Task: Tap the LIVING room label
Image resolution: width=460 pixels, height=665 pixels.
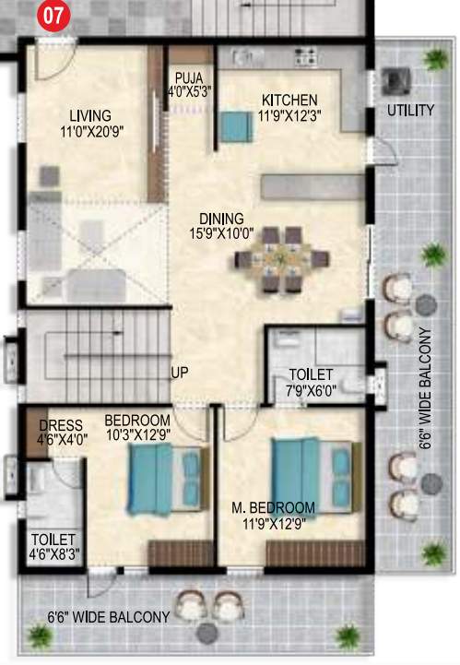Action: pyautogui.click(x=90, y=115)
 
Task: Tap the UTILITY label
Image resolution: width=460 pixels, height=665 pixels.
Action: pyautogui.click(x=410, y=111)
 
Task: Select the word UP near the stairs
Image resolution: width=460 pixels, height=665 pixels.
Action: pyautogui.click(x=181, y=374)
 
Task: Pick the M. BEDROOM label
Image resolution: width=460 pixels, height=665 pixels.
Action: pyautogui.click(x=274, y=507)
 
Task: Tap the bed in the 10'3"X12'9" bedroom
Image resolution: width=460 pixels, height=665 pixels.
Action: pyautogui.click(x=162, y=478)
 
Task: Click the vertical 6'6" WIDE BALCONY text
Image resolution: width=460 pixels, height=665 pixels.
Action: pyautogui.click(x=426, y=387)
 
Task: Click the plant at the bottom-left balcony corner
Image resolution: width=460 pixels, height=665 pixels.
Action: pyautogui.click(x=38, y=635)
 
